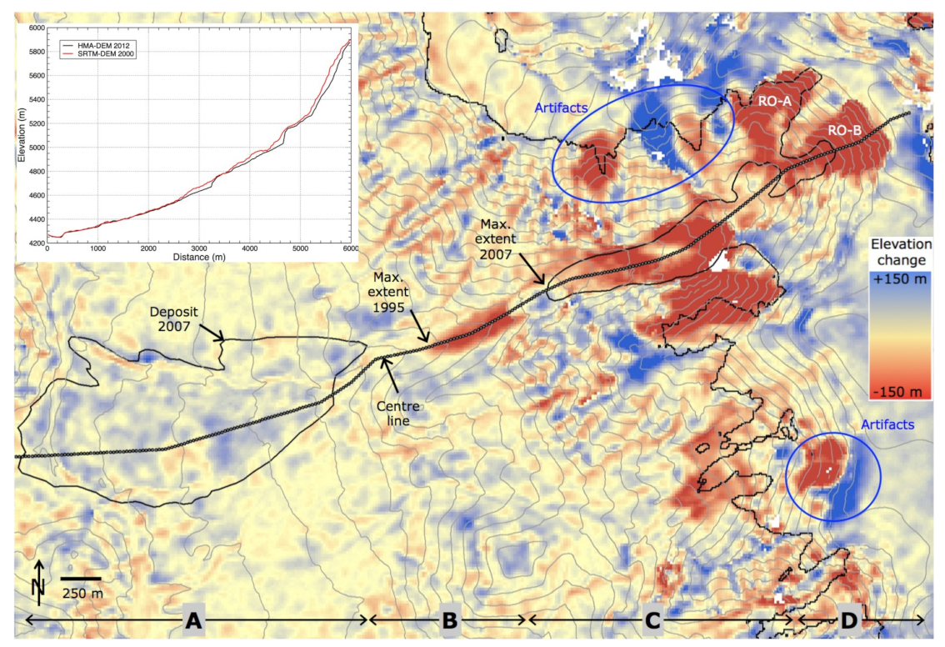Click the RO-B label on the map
pos(845,131)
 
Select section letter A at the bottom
pos(193,620)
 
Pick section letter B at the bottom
pos(448,620)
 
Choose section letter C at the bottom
pos(652,620)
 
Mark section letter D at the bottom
pos(848,620)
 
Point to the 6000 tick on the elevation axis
pos(35,28)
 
